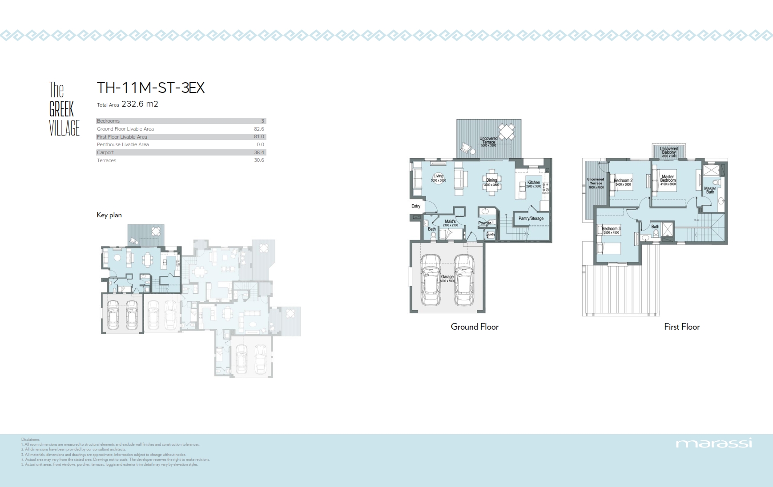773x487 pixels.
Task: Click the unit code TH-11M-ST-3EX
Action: click(x=150, y=88)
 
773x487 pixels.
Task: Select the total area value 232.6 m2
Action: click(x=140, y=104)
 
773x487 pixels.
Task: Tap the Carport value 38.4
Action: click(x=259, y=152)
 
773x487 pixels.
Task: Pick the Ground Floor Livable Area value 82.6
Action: click(x=259, y=129)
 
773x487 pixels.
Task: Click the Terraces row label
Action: click(x=106, y=160)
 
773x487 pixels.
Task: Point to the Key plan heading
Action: click(x=109, y=215)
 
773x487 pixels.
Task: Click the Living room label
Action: click(x=439, y=176)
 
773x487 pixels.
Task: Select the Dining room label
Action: click(x=491, y=180)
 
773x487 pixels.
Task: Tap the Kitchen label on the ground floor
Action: click(x=533, y=183)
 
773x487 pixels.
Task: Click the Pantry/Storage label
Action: click(x=531, y=219)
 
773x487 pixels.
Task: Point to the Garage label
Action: click(x=447, y=277)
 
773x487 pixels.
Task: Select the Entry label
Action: click(x=416, y=206)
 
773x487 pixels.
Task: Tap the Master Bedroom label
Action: click(x=668, y=179)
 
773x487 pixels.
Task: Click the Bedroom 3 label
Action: click(x=611, y=229)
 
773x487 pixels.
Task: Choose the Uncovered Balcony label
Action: click(x=669, y=151)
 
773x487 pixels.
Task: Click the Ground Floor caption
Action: click(x=475, y=327)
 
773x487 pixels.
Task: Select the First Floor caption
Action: click(x=682, y=327)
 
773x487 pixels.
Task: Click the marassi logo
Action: click(x=714, y=443)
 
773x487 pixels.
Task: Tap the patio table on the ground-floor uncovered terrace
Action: click(x=506, y=132)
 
